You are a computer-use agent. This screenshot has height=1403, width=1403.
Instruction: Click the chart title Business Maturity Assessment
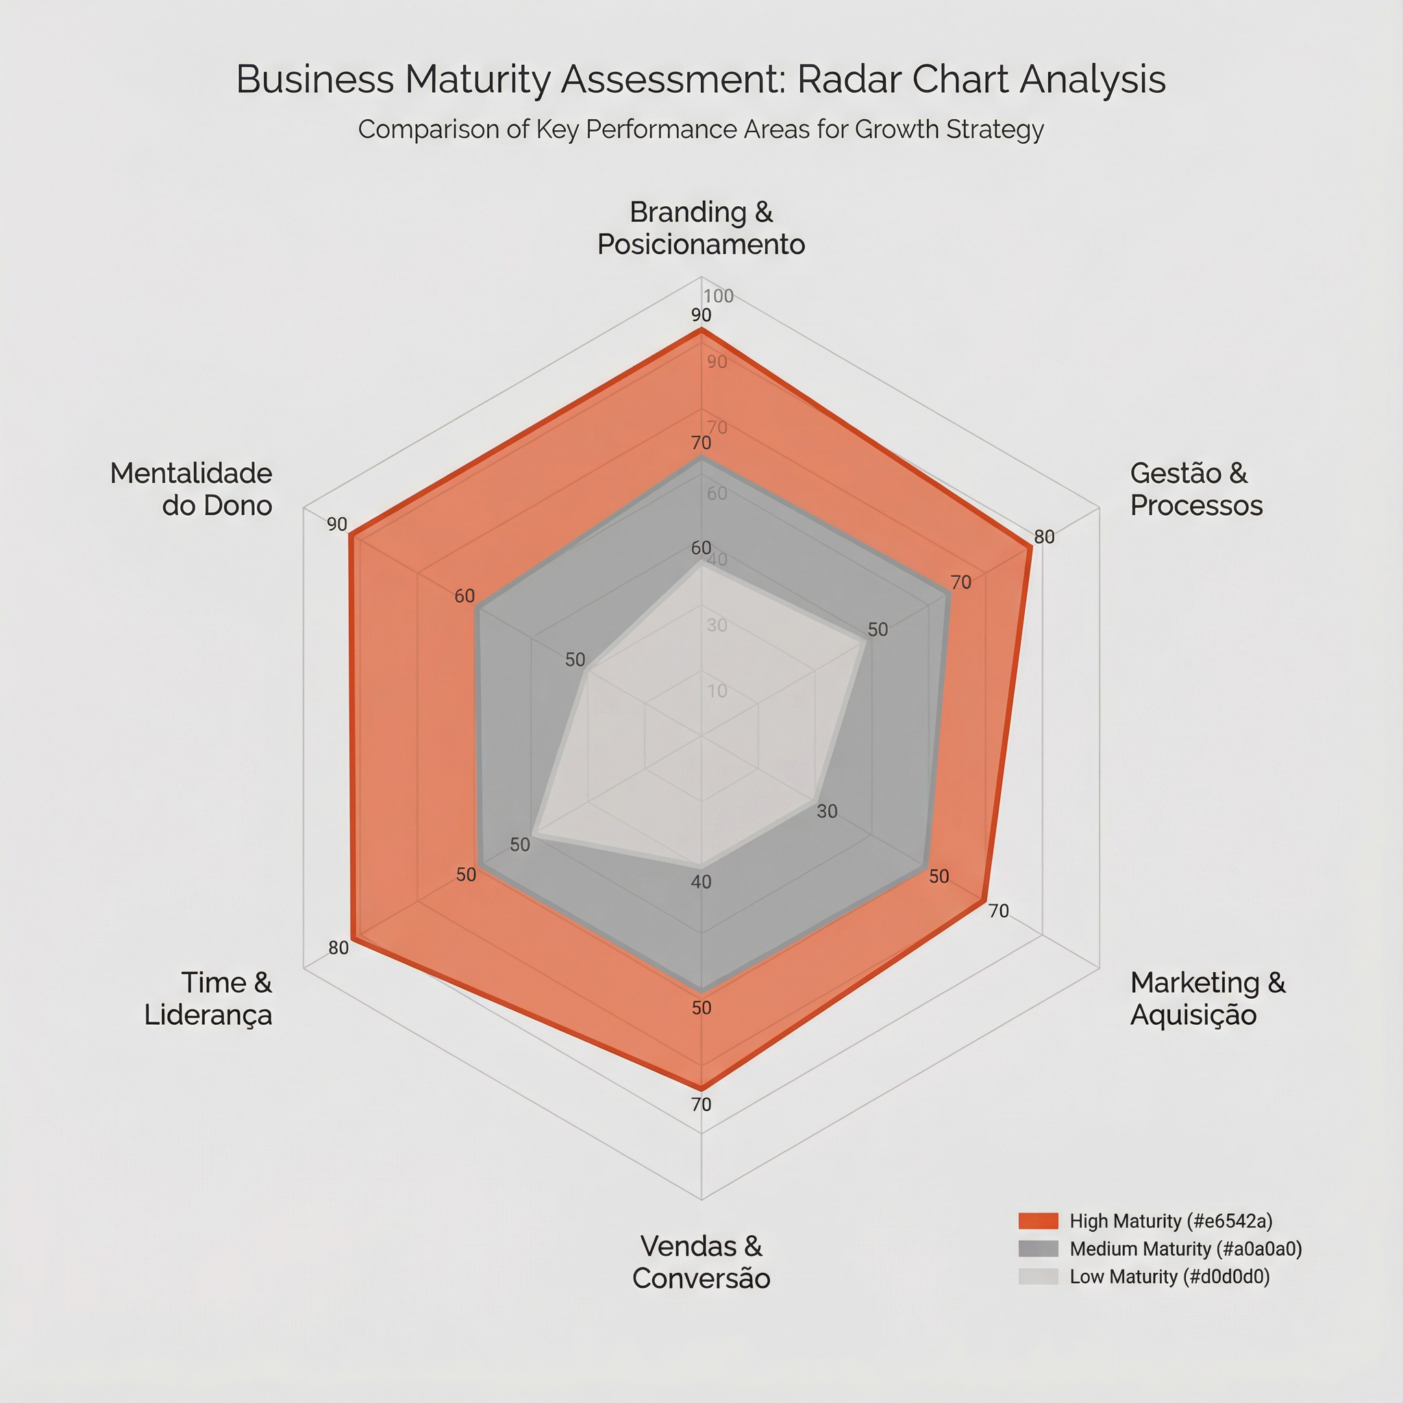pos(701,79)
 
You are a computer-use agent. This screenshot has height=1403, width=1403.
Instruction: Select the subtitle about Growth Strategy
pos(701,129)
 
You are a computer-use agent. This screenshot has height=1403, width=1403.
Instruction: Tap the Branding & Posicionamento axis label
pos(701,228)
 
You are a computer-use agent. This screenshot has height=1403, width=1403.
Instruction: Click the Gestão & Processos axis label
pos(1196,489)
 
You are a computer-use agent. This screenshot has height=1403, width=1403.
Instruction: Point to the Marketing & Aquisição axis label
pos(1207,999)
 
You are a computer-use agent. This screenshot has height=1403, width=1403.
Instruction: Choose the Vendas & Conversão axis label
pos(701,1262)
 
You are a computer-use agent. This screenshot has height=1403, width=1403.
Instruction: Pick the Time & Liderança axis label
pos(208,999)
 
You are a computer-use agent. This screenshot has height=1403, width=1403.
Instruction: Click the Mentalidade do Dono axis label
pos(192,489)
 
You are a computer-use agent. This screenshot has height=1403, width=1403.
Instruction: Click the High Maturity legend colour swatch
pos(1038,1221)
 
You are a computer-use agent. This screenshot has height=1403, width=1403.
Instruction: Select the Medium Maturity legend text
pos(1185,1249)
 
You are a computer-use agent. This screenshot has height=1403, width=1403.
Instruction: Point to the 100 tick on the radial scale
pos(718,296)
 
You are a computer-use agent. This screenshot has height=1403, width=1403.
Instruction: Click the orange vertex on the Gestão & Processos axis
pos(1030,547)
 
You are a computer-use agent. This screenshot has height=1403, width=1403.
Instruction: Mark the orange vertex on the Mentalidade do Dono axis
pos(351,536)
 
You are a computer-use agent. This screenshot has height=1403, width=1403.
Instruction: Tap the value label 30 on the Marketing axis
pos(827,811)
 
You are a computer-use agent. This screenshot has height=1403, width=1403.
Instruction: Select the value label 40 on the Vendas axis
pos(701,882)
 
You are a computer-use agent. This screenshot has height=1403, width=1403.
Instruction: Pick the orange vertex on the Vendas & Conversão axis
pos(701,1087)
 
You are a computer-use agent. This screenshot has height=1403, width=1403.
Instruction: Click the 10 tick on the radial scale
pos(717,691)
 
